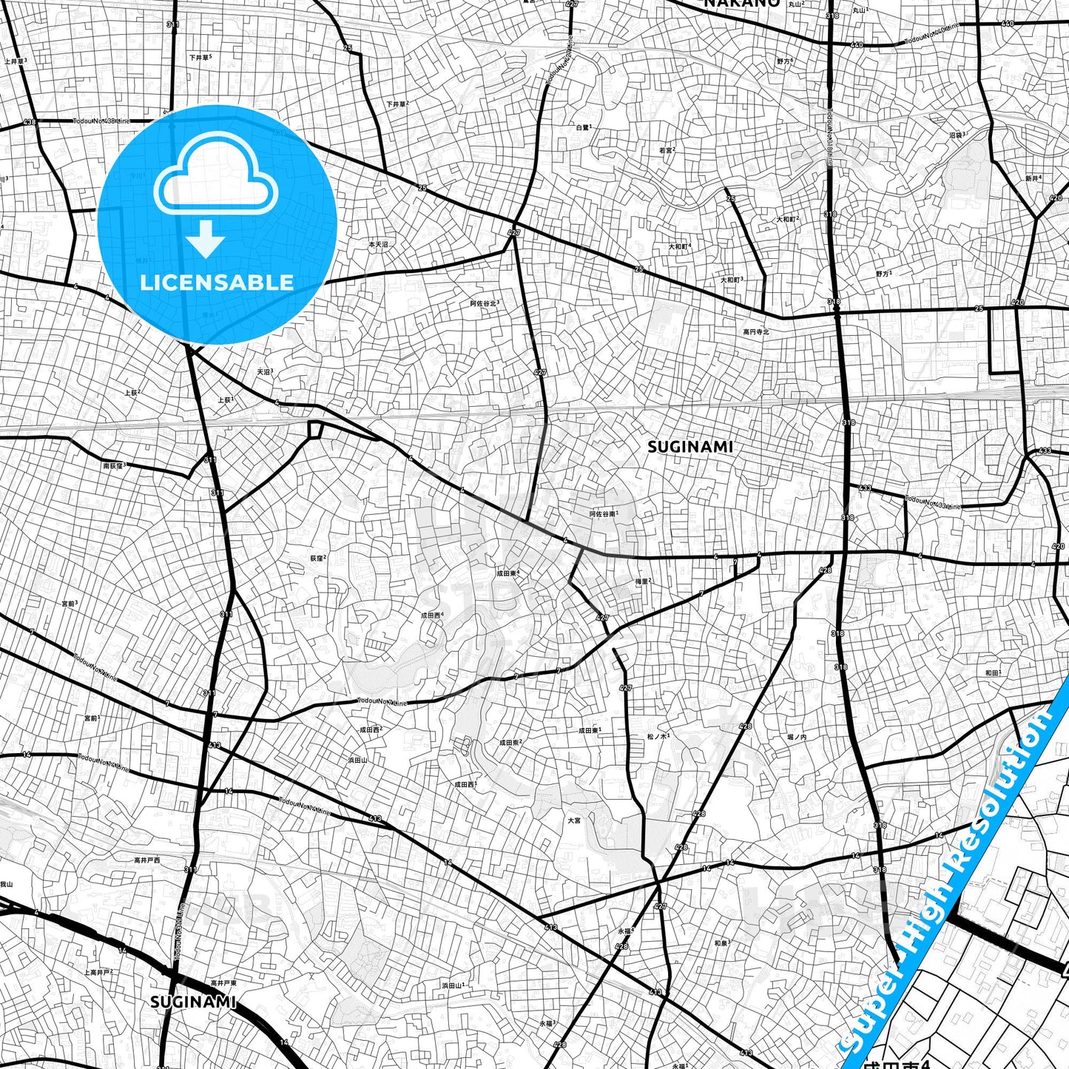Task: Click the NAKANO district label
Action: (x=741, y=4)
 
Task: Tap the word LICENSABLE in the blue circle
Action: (x=217, y=282)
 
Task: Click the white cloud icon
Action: (x=215, y=176)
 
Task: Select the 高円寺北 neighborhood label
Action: (x=756, y=331)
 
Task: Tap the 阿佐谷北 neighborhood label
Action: (x=485, y=303)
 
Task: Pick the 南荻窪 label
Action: (x=115, y=465)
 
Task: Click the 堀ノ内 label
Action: (x=797, y=737)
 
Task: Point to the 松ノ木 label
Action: (x=658, y=736)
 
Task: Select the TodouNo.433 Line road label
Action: (x=933, y=502)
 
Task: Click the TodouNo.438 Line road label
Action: (x=101, y=121)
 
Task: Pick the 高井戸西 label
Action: (x=146, y=860)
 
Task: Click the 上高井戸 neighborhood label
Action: (x=98, y=972)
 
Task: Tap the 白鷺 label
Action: (x=584, y=127)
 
